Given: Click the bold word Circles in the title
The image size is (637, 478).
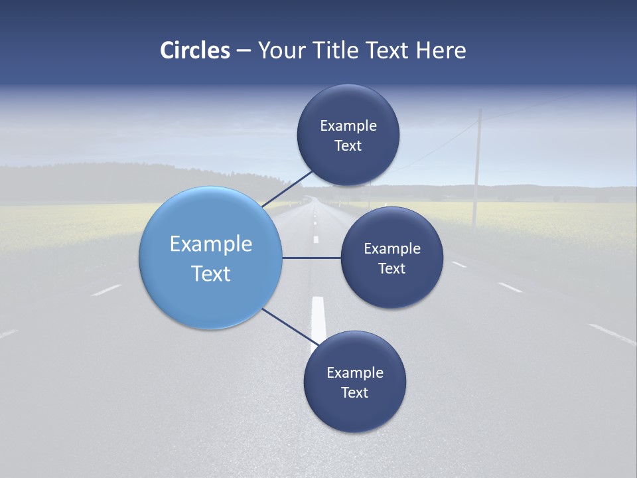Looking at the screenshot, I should (x=195, y=50).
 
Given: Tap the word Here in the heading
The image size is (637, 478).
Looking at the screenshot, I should (x=441, y=50).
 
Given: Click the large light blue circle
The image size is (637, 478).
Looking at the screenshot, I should (x=211, y=258).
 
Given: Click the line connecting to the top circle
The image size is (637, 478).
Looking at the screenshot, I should (x=287, y=189).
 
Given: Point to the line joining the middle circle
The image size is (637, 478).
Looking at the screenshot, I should (x=312, y=258).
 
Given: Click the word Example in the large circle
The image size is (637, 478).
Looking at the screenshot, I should (x=211, y=244).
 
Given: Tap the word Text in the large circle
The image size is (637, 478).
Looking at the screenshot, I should (x=211, y=274).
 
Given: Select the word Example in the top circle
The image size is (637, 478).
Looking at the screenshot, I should (x=348, y=126).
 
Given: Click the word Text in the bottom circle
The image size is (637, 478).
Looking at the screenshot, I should (x=354, y=392).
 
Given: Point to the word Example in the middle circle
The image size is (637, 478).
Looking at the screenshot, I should (x=392, y=249).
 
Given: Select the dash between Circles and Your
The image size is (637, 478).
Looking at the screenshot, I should (x=243, y=50).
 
